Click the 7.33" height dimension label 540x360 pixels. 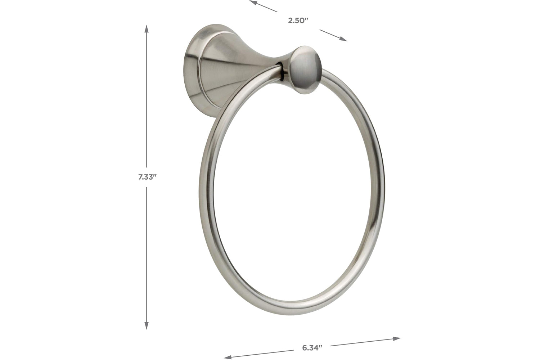[x=147, y=177]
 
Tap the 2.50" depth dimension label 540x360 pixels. [x=298, y=21]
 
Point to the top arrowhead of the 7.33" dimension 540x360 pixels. [x=146, y=29]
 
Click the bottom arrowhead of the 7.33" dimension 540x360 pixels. [x=146, y=325]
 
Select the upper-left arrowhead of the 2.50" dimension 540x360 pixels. [x=253, y=3]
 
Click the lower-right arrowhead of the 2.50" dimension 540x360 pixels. [x=343, y=39]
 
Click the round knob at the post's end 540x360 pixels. [x=305, y=70]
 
